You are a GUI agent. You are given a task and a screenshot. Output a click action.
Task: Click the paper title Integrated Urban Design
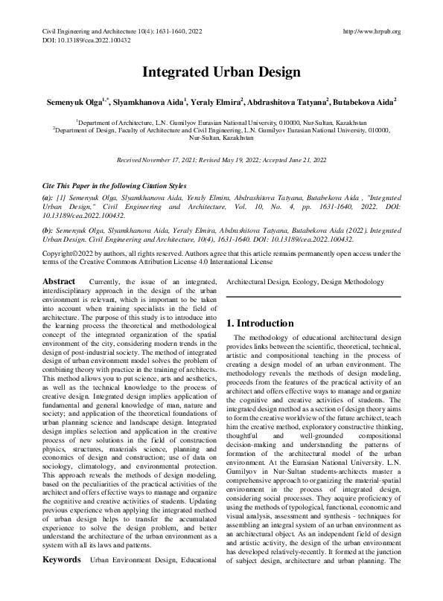221,73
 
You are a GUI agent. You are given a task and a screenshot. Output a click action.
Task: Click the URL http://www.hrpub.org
372,31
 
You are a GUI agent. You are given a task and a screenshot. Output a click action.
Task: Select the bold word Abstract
59,303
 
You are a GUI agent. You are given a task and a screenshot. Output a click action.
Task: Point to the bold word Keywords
60,579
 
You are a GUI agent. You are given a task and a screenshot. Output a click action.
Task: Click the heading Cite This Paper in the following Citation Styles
114,185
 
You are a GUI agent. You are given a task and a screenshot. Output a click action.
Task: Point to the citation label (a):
47,197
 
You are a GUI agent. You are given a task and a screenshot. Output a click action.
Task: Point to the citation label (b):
48,231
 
